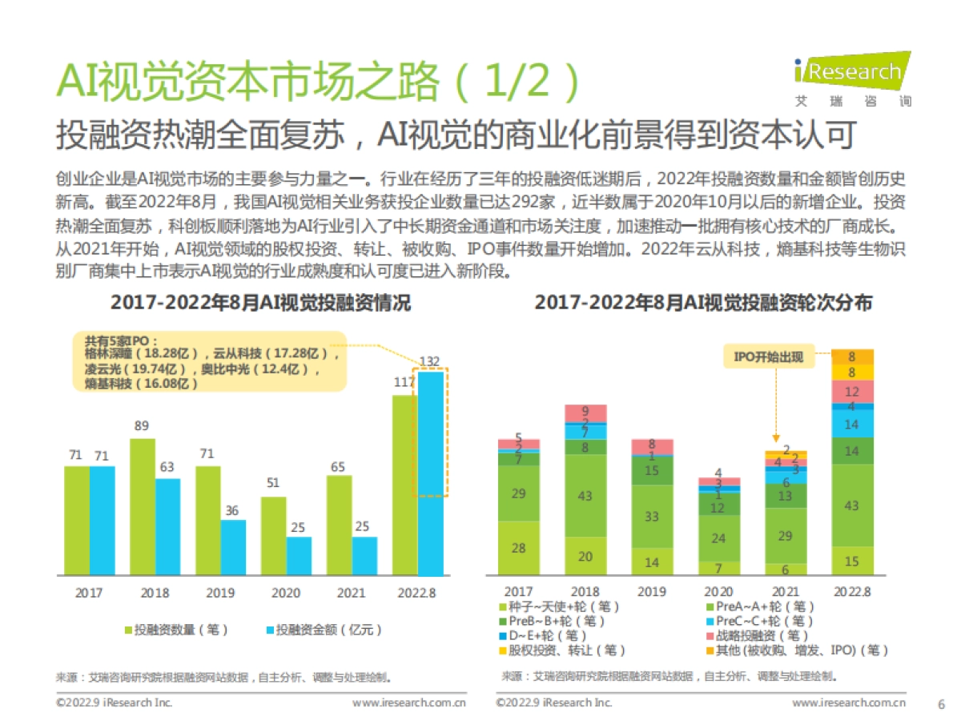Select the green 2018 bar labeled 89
(142, 506)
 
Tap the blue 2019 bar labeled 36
(234, 547)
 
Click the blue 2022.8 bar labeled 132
(430, 473)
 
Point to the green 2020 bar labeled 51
(273, 535)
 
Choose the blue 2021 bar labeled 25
(364, 555)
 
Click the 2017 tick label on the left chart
(89, 593)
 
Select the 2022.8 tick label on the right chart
(852, 591)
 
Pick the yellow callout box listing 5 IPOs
(210, 360)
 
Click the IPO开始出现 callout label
(768, 357)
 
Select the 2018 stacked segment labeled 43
(585, 495)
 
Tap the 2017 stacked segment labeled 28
(518, 547)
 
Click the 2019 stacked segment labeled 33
(652, 516)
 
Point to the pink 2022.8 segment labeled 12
(852, 391)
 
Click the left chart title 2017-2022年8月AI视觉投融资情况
(259, 304)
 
